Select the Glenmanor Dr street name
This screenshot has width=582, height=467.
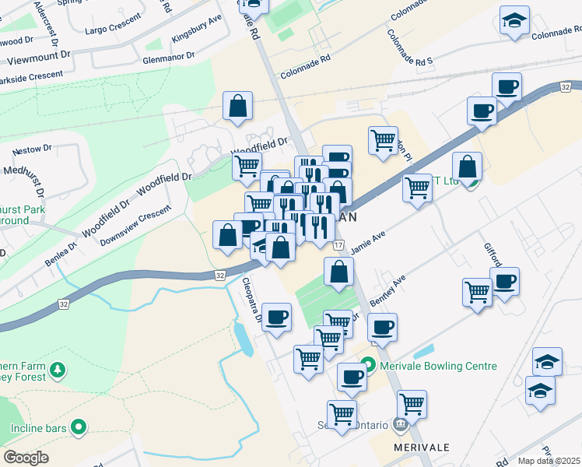(167, 58)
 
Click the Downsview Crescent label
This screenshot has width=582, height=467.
(135, 226)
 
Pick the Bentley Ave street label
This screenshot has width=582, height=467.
(391, 290)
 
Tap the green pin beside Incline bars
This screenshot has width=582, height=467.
(78, 427)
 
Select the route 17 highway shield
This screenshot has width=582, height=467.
(338, 245)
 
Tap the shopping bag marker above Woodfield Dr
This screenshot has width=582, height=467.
(237, 105)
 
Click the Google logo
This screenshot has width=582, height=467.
(26, 458)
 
